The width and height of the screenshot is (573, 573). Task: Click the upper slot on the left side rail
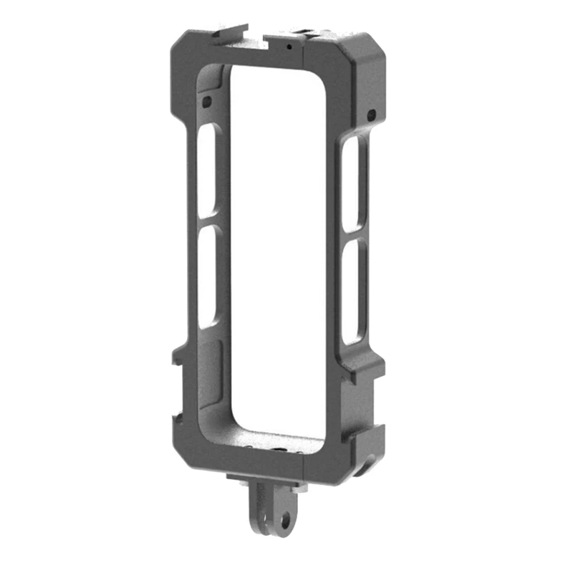pos(207,170)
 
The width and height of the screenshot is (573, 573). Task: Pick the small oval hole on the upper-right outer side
pos(371,115)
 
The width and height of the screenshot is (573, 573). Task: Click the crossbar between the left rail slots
pos(207,222)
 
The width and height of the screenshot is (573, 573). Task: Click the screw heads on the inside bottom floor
pos(276,448)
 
